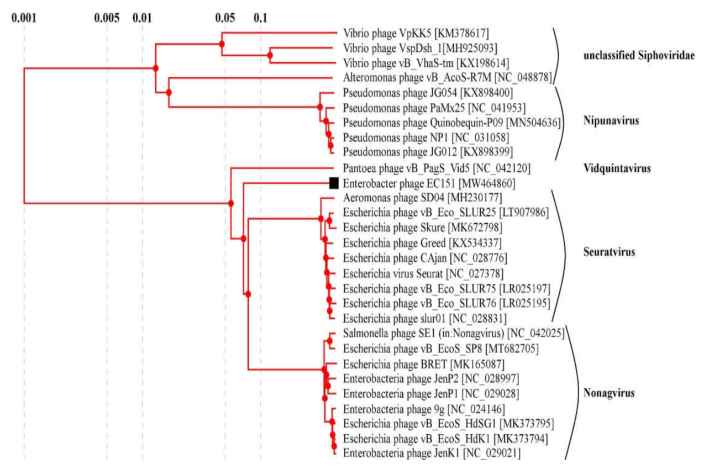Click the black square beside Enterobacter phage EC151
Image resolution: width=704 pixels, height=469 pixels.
[334, 183]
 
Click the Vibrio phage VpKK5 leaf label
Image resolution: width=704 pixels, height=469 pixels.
[416, 33]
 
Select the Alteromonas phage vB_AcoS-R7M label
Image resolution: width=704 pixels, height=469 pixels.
[448, 77]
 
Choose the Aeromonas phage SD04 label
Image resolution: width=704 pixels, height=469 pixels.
[423, 198]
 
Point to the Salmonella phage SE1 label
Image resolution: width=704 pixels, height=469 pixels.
[453, 333]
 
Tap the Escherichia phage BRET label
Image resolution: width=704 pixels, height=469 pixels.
[422, 363]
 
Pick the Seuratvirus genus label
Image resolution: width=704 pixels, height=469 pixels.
[610, 252]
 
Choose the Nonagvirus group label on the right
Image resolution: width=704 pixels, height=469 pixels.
[610, 394]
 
